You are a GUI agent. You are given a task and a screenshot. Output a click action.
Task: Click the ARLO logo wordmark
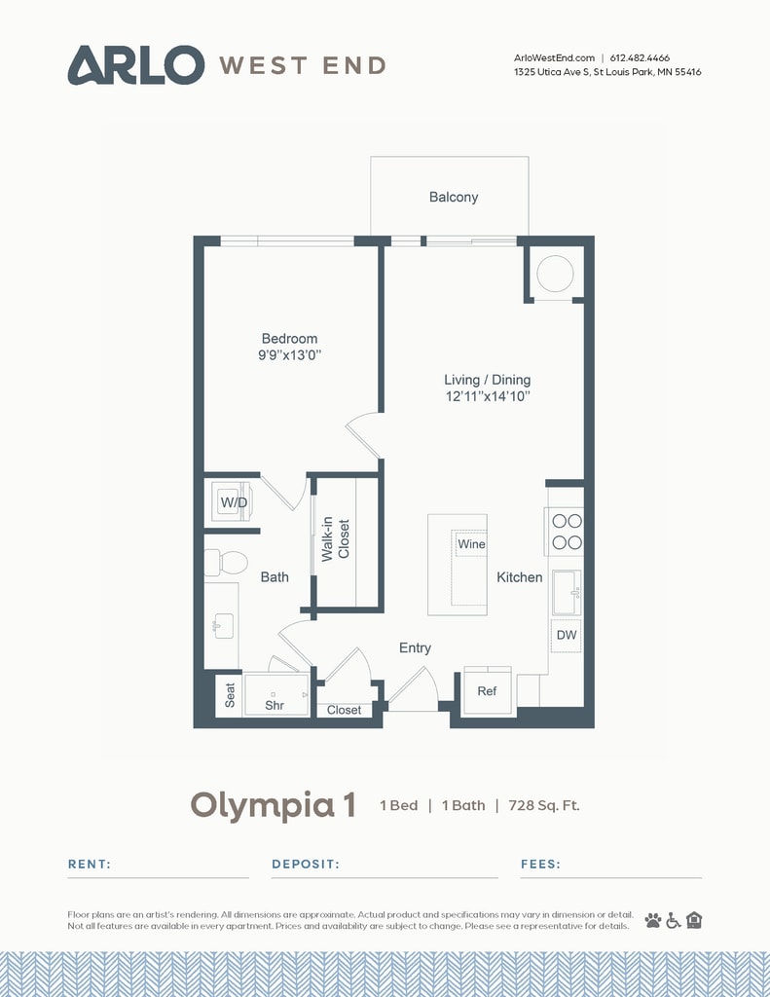(x=135, y=64)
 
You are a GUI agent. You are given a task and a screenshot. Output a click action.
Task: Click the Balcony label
(x=454, y=198)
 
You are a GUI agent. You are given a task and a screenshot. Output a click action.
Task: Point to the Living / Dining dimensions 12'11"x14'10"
(x=487, y=397)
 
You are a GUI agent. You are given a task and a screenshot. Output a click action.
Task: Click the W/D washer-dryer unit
(x=234, y=502)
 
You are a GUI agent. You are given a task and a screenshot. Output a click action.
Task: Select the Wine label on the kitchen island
(x=471, y=544)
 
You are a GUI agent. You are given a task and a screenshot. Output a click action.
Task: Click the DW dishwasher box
(x=567, y=635)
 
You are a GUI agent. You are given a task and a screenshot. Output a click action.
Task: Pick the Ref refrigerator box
(x=488, y=691)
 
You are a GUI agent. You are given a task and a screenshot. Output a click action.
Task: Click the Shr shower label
(x=275, y=704)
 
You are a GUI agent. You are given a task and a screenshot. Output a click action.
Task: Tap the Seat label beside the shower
(x=231, y=695)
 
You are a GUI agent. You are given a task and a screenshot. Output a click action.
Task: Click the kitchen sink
(x=567, y=593)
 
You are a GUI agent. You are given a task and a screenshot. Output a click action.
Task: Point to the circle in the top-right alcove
(x=556, y=273)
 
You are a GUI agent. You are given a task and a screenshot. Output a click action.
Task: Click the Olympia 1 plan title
(x=273, y=805)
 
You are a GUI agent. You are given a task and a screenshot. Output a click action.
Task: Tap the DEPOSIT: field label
(x=305, y=864)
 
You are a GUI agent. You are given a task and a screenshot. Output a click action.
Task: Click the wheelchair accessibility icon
(x=673, y=920)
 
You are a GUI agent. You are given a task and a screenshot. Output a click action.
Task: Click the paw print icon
(x=652, y=920)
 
